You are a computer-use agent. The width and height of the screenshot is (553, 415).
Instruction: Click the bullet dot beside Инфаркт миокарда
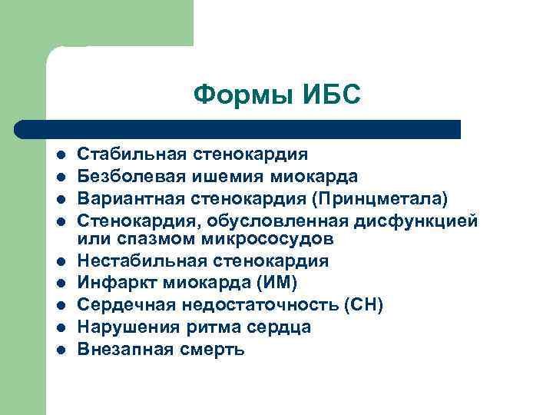60,283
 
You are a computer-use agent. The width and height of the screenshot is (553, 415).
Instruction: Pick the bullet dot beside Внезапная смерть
60,350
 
